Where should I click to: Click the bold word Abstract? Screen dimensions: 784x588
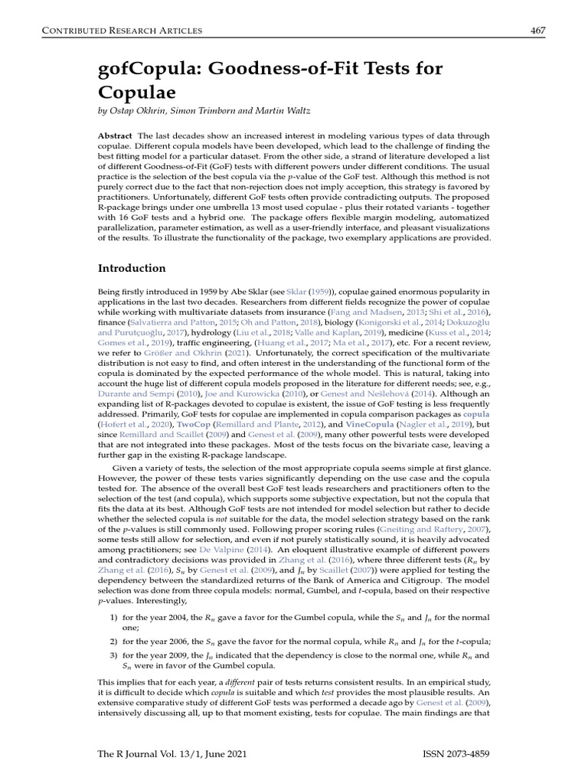[116, 136]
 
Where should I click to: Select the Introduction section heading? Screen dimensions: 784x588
[132, 269]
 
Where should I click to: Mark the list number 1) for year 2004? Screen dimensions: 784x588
[113, 616]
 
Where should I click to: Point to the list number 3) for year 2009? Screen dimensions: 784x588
[113, 655]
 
